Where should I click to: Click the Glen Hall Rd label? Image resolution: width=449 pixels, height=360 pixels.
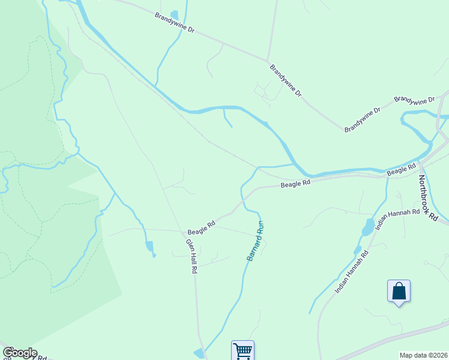pyautogui.click(x=191, y=256)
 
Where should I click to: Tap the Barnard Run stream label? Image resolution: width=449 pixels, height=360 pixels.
pyautogui.click(x=255, y=241)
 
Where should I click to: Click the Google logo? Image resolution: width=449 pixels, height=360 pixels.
pyautogui.click(x=19, y=353)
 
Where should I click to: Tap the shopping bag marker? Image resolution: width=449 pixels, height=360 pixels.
pyautogui.click(x=399, y=292)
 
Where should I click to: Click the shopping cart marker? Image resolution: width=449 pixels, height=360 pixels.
pyautogui.click(x=243, y=350)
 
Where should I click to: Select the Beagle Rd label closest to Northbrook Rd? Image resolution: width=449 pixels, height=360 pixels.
pyautogui.click(x=402, y=171)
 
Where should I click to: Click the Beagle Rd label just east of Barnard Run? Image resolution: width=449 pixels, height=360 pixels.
pyautogui.click(x=296, y=184)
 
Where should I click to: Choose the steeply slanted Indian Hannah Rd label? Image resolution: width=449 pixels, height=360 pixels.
pyautogui.click(x=352, y=271)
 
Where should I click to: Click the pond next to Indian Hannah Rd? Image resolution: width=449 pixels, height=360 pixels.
pyautogui.click(x=367, y=227)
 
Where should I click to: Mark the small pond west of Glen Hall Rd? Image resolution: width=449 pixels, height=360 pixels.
pyautogui.click(x=149, y=246)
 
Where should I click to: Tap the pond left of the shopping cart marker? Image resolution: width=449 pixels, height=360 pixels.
pyautogui.click(x=199, y=353)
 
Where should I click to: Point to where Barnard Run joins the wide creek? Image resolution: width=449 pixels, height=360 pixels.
pyautogui.click(x=294, y=164)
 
